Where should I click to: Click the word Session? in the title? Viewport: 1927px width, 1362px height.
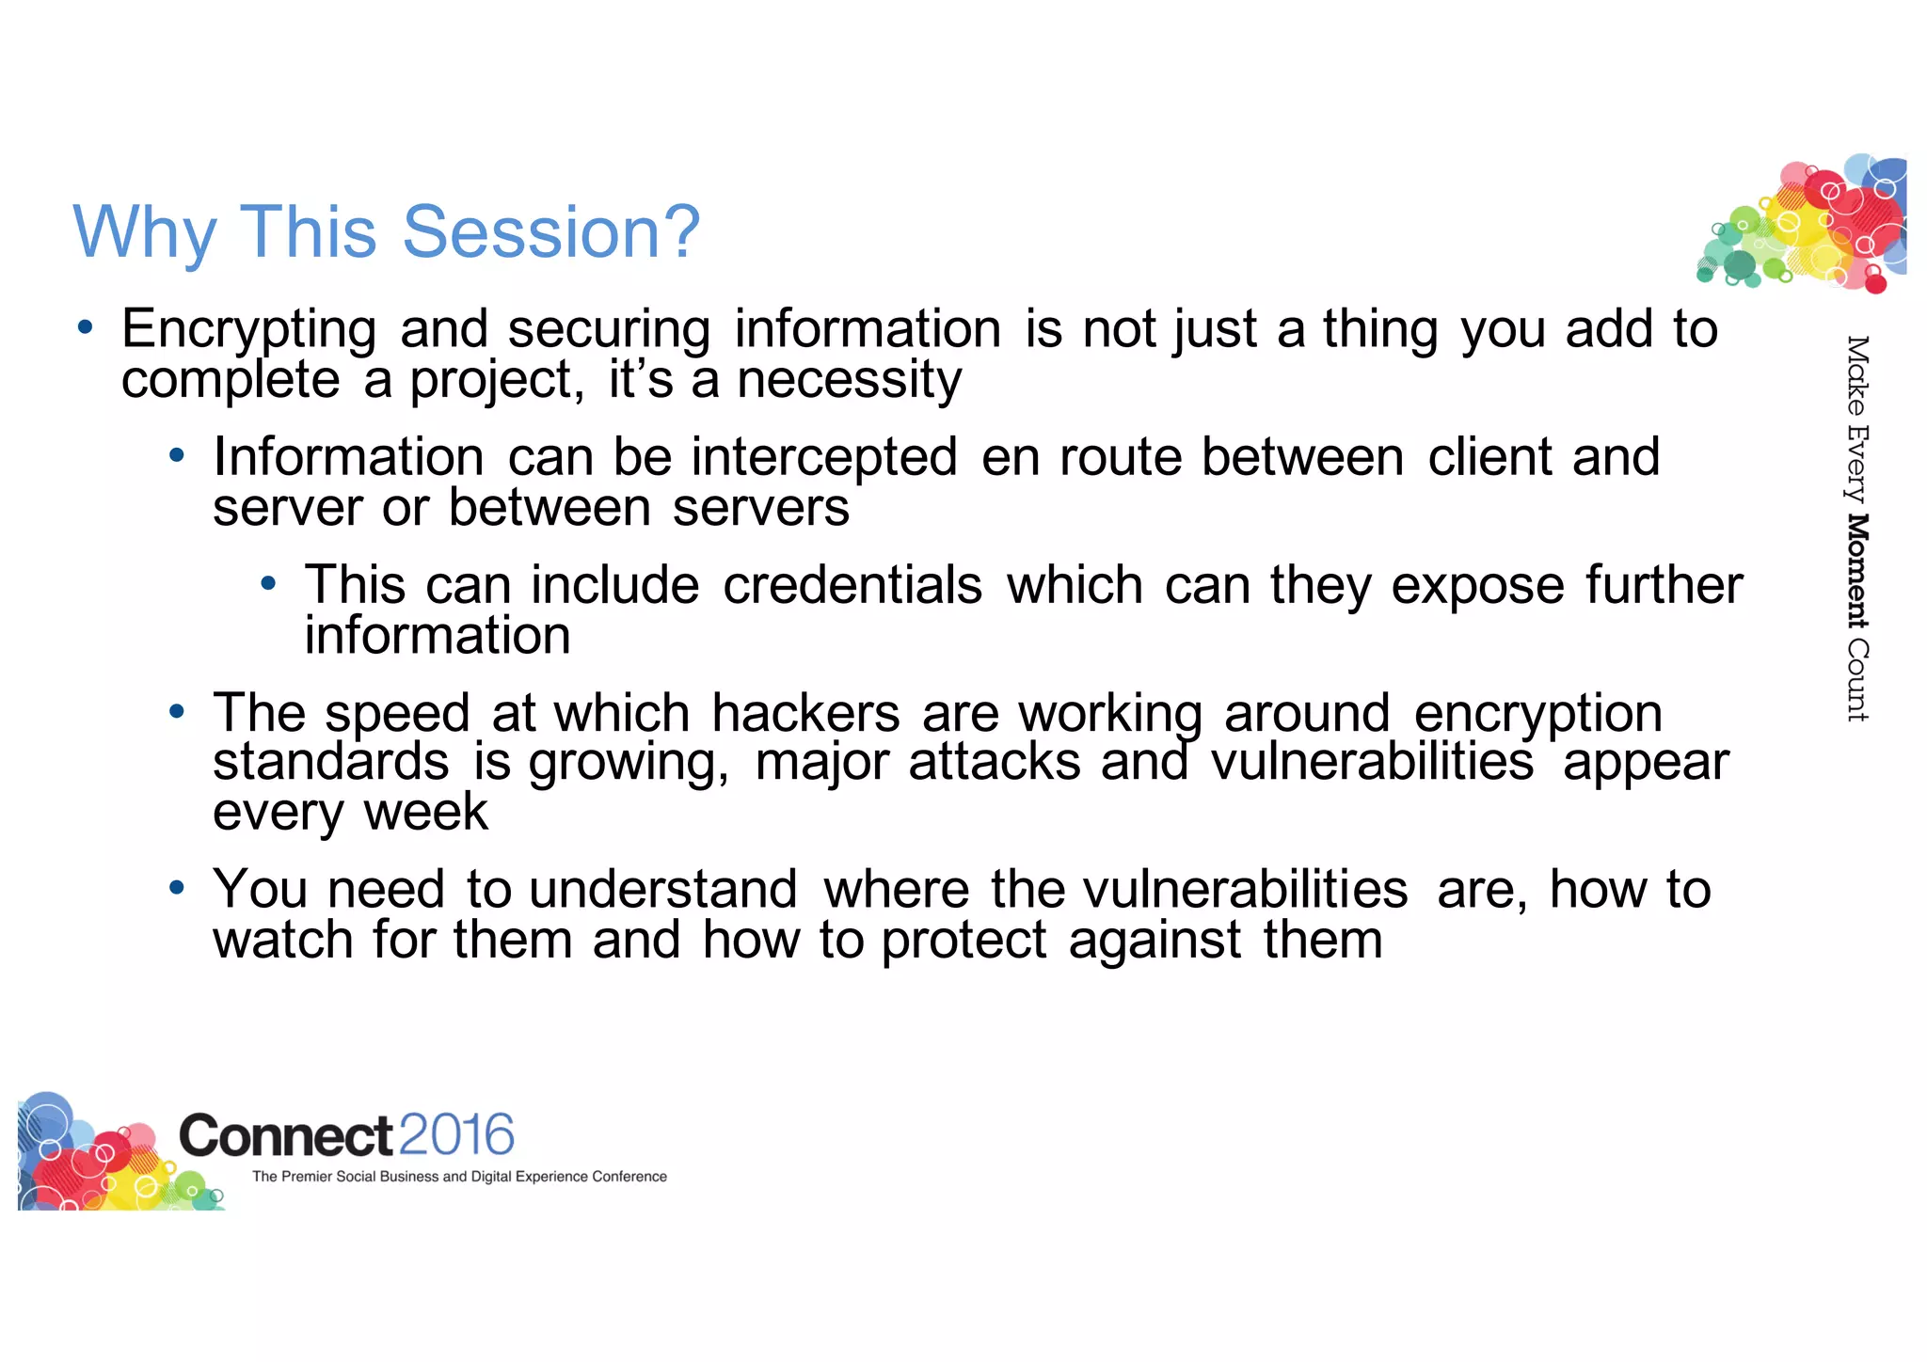[x=551, y=232]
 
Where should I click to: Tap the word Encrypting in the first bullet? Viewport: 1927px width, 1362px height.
[x=249, y=331]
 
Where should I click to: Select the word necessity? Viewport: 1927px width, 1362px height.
[x=849, y=381]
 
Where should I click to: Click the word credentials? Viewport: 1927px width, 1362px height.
[x=852, y=585]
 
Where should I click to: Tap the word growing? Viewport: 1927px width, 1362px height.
[x=628, y=764]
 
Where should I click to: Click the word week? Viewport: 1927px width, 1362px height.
[x=426, y=812]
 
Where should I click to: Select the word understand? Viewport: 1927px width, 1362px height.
[x=663, y=890]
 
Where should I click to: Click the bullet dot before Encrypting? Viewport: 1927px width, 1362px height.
[x=86, y=327]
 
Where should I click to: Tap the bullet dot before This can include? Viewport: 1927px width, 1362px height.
[x=268, y=583]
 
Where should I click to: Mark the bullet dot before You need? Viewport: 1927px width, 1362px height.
[x=176, y=887]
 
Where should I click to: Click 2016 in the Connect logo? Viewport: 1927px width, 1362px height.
[x=456, y=1134]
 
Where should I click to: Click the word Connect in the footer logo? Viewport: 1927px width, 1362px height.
[x=285, y=1135]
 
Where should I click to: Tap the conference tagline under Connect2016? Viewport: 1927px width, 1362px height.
[x=459, y=1177]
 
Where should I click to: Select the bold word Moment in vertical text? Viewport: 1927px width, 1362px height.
[x=1856, y=571]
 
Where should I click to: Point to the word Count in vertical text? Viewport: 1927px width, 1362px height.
[x=1856, y=680]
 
